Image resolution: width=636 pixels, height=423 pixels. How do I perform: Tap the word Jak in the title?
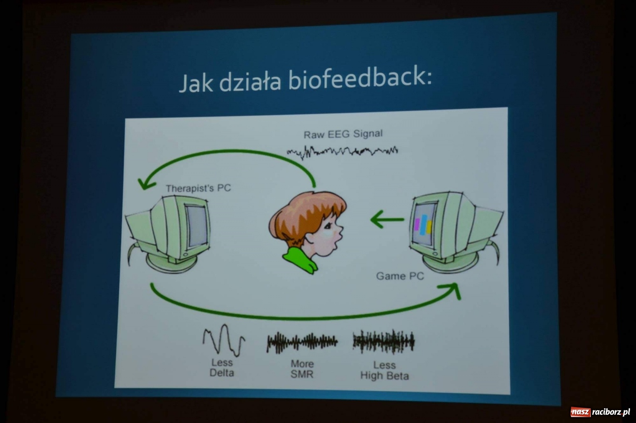[196, 83]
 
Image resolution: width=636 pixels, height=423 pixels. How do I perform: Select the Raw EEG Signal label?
[343, 134]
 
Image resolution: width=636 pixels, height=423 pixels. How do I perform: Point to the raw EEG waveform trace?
[342, 152]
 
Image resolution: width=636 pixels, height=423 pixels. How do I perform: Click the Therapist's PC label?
[198, 188]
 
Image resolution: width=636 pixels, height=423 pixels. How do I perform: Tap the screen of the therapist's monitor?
[197, 226]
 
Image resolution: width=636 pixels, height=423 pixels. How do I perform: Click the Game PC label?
[400, 276]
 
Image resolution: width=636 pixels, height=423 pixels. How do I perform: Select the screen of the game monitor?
[423, 224]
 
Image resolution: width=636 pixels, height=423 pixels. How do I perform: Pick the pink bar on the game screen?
[417, 224]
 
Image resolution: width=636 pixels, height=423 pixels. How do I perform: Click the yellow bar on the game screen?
[429, 227]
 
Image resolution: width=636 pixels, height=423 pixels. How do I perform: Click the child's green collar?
[301, 260]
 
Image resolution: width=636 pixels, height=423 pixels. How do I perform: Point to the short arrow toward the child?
[387, 219]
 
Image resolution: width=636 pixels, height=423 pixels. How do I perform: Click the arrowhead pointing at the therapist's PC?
[145, 184]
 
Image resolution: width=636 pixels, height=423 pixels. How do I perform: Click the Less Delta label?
[222, 368]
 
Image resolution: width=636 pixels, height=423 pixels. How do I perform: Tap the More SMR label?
[302, 369]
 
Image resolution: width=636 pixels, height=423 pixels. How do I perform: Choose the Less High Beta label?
[384, 370]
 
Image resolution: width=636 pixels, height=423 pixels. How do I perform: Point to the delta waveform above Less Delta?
[224, 340]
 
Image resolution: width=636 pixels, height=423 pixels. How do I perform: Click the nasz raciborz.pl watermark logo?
[600, 412]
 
